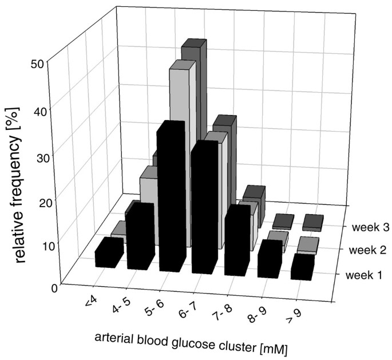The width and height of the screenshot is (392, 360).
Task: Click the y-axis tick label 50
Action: click(x=38, y=64)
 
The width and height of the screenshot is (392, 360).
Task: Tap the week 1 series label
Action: click(x=366, y=275)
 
